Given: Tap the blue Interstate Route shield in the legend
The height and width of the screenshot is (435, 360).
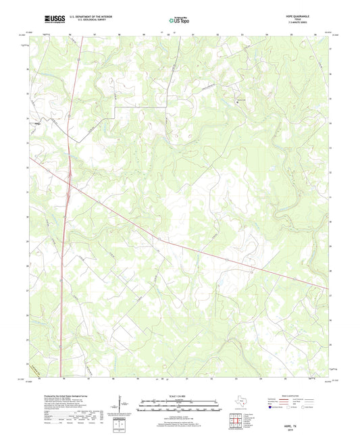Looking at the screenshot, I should (271, 408).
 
